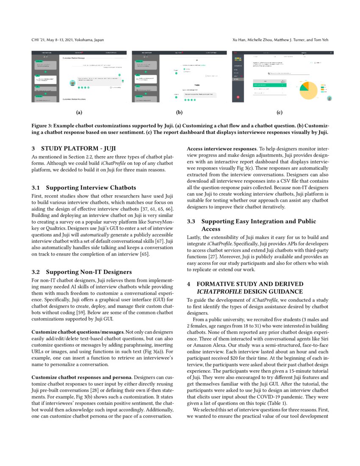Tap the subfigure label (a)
[x=78, y=113]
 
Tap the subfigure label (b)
[x=179, y=113]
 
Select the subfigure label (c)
[x=279, y=113]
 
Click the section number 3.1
[x=36, y=187]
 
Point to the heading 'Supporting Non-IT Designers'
[x=89, y=271]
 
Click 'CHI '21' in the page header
[x=37, y=40]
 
